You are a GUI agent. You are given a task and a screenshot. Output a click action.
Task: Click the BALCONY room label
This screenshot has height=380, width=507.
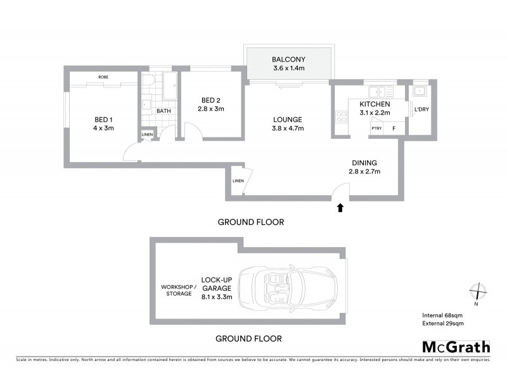289,60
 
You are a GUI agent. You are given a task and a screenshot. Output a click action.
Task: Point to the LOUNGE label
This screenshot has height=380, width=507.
288,119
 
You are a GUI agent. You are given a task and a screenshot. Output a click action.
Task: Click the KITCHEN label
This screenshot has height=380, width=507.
374,104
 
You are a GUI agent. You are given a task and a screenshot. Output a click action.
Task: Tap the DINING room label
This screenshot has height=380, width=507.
364,161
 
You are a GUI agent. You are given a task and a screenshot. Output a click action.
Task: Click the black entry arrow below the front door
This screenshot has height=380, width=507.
340,207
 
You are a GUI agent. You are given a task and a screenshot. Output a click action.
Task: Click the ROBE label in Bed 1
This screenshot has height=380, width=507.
103,77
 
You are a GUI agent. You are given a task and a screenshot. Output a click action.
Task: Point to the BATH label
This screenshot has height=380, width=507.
164,111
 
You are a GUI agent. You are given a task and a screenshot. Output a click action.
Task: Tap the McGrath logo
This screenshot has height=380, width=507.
456,346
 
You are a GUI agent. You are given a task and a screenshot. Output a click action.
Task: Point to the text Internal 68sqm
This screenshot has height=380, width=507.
443,315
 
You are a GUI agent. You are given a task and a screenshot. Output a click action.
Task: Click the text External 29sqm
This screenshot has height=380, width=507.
443,324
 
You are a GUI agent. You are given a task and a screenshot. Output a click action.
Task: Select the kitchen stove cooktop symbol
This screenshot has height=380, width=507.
341,117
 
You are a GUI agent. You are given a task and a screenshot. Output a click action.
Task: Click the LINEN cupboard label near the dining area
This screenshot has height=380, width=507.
238,182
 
